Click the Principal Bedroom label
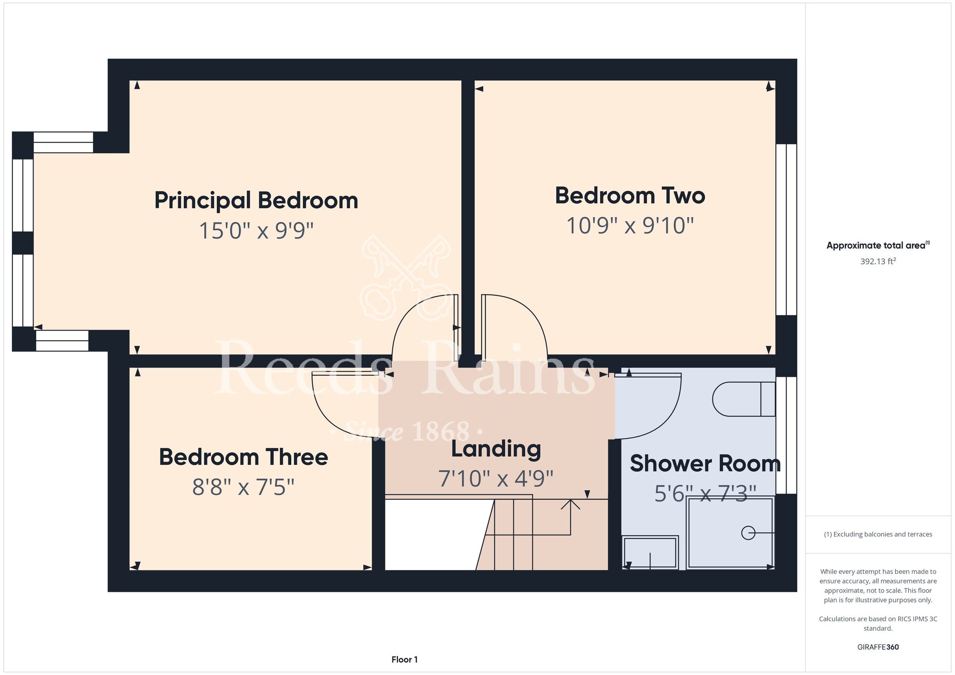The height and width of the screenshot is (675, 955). (x=256, y=200)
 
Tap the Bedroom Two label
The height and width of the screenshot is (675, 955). (x=630, y=196)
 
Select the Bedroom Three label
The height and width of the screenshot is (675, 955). (x=244, y=457)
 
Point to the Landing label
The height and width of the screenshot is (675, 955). (x=496, y=449)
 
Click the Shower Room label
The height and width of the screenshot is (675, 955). (x=705, y=464)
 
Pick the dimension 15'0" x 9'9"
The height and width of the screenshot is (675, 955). (x=256, y=231)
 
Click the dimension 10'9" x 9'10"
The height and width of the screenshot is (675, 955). (x=630, y=225)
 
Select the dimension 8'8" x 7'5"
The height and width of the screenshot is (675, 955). (x=244, y=487)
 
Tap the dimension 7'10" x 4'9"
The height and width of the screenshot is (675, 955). (x=496, y=478)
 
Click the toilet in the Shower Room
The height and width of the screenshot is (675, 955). (x=743, y=399)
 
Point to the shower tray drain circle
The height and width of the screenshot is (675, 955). (x=748, y=533)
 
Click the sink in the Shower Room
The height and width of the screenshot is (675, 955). (x=650, y=552)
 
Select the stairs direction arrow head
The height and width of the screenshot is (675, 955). (x=570, y=504)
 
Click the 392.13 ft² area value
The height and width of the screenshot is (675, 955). (x=878, y=261)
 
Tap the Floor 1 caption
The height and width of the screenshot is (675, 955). (x=404, y=660)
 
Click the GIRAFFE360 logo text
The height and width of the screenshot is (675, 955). (x=878, y=647)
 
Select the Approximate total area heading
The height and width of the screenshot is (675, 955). (x=878, y=245)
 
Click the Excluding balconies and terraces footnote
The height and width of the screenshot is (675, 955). (x=878, y=535)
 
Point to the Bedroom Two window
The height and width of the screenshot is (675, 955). (x=786, y=230)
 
